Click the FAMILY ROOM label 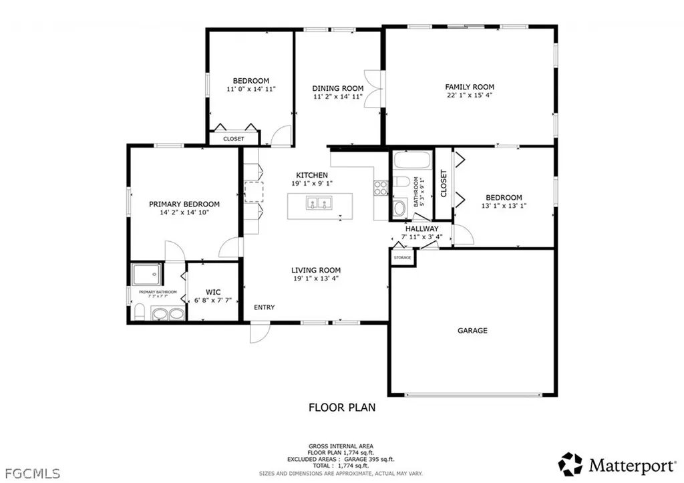tap(470, 87)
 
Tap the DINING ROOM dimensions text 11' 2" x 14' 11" tap(339, 97)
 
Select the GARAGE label tap(472, 331)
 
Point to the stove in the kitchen tap(381, 188)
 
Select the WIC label tap(213, 292)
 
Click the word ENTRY tap(264, 307)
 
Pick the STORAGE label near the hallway tap(402, 257)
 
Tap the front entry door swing tap(259, 332)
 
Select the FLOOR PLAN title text tap(342, 407)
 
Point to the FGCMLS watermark tap(31, 473)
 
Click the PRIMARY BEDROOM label tap(184, 204)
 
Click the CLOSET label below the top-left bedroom tap(233, 139)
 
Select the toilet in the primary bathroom tap(139, 313)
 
